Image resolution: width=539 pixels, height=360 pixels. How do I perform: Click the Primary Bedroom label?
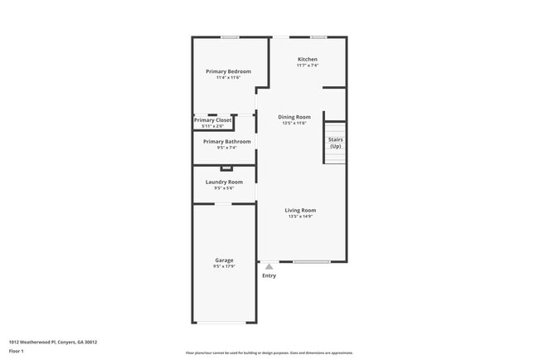pos(228,71)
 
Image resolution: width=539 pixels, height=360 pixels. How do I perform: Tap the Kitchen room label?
pos(308,59)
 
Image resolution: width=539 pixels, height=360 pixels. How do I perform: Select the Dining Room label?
pos(294,117)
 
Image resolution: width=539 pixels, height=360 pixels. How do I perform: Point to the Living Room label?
pos(301,210)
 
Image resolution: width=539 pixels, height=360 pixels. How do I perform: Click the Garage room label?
pos(224,260)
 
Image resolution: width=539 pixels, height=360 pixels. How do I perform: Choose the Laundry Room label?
pos(224,182)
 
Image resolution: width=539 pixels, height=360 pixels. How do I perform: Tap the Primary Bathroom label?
pos(226,141)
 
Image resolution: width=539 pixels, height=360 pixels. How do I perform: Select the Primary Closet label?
pos(213,120)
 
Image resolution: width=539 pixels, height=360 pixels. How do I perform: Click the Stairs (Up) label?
pos(335,143)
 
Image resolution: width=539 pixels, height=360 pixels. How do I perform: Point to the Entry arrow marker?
pos(269,266)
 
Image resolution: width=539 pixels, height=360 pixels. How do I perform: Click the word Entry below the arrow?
pos(269,275)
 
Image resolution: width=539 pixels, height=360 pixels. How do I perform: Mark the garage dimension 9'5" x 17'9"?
pos(224,267)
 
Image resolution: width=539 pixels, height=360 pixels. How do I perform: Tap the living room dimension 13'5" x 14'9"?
pos(301,216)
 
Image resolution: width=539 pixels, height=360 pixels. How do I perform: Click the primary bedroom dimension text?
pos(228,78)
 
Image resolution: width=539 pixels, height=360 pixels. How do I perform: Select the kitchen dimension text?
pos(308,66)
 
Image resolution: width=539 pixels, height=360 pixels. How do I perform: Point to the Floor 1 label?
pos(17,351)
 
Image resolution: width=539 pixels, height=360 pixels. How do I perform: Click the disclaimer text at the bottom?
pos(269,353)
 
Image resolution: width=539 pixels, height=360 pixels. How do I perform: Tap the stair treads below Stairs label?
pos(335,157)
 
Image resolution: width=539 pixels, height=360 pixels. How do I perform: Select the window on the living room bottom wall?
pos(311,262)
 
